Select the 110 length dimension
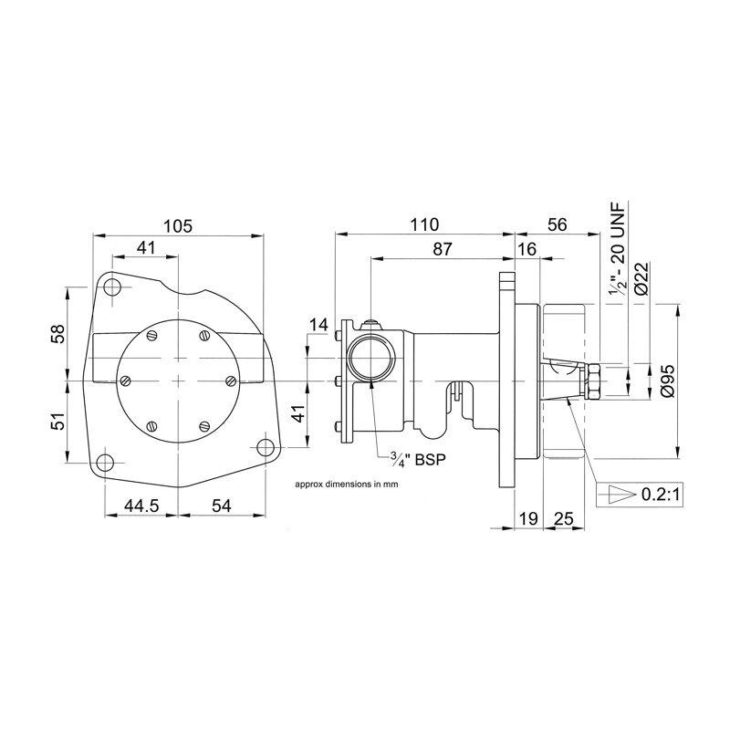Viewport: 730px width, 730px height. (424, 224)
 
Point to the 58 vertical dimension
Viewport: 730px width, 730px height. (57, 335)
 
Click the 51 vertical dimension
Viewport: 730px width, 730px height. (57, 423)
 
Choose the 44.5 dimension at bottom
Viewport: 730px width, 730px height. (138, 505)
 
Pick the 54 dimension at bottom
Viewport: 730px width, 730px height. (222, 505)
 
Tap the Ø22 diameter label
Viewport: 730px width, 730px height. (641, 276)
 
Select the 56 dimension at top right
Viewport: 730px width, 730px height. (556, 224)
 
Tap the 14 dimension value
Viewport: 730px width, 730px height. (318, 324)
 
